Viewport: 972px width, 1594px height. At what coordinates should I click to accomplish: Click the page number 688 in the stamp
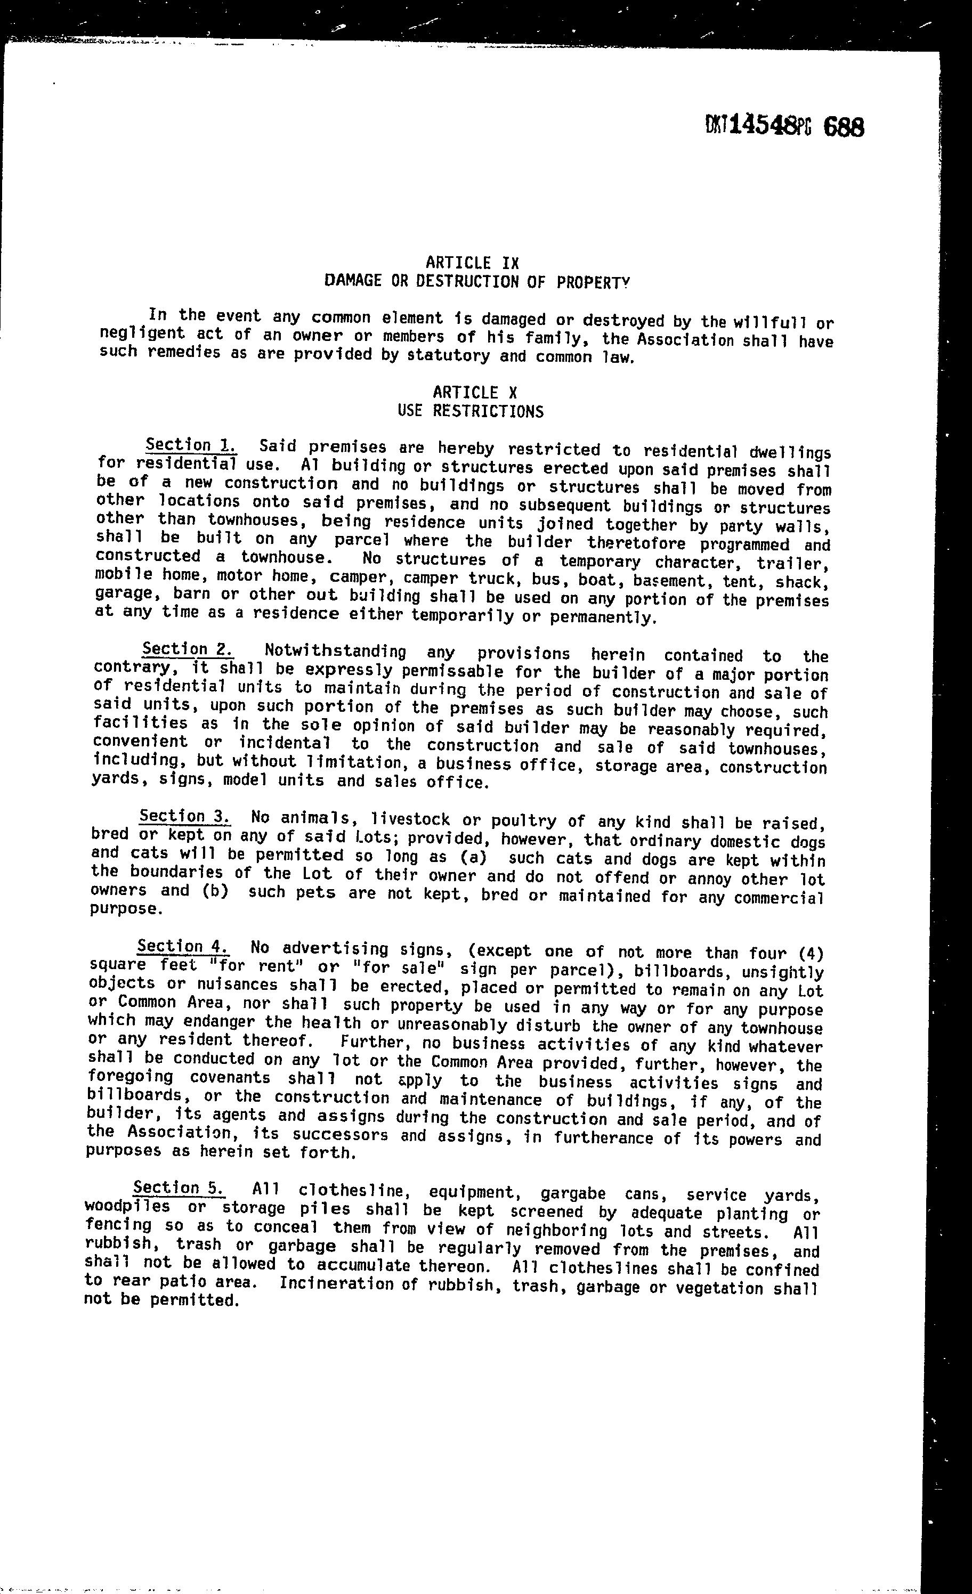844,127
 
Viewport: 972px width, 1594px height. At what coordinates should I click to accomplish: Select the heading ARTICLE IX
472,263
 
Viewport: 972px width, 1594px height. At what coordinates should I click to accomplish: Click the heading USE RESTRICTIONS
471,411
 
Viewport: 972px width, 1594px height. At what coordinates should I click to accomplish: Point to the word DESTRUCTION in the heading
472,281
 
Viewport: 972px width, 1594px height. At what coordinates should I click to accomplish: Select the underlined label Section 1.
191,445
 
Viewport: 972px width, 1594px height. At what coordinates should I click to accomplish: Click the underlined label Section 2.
188,649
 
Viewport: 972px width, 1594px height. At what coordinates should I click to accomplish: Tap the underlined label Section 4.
182,946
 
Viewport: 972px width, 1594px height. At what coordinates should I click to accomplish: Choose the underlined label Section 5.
179,1188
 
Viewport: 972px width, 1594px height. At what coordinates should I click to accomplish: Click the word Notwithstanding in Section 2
335,652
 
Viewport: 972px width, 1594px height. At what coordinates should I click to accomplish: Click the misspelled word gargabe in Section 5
573,1193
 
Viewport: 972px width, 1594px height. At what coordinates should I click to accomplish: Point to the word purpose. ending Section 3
124,909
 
